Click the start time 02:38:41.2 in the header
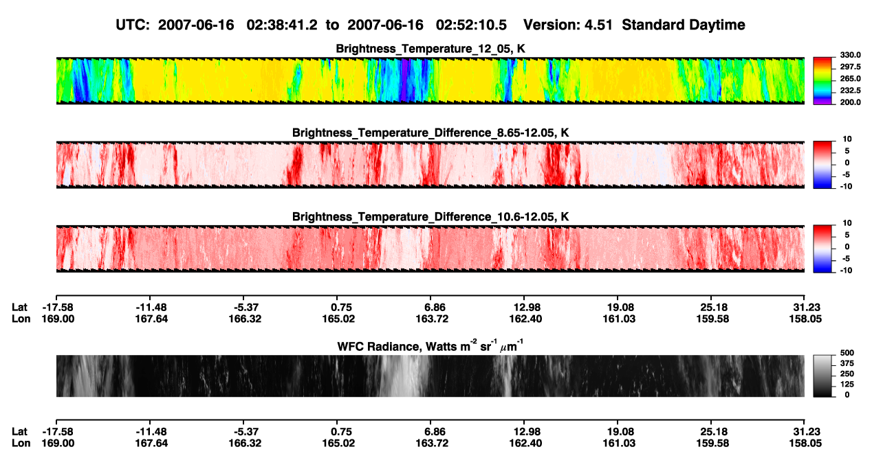282,25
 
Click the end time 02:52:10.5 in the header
471,25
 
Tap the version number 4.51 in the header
598,25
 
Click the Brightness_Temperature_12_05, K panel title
430,49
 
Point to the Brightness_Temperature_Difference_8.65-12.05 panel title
430,133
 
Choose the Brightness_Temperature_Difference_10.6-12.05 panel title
430,217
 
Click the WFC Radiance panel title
430,346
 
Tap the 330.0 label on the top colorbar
850,55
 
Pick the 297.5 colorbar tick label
850,67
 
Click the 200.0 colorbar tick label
850,102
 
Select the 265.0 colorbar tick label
850,78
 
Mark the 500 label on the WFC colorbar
847,353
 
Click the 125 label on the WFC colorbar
847,385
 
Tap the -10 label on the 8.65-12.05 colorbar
846,186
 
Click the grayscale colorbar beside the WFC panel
822,376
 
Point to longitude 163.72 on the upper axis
432,319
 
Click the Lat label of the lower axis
19,432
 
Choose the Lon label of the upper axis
21,319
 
